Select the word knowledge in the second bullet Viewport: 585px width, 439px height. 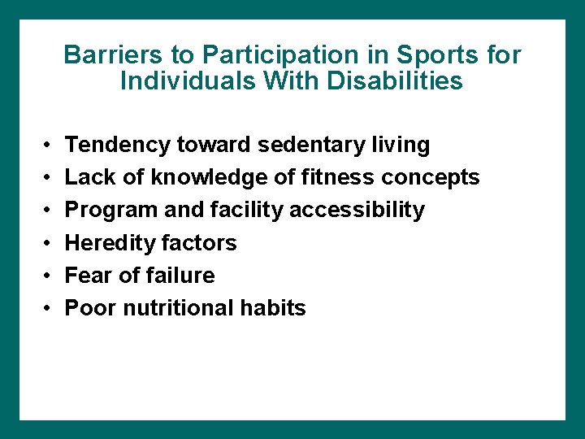(x=188, y=178)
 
